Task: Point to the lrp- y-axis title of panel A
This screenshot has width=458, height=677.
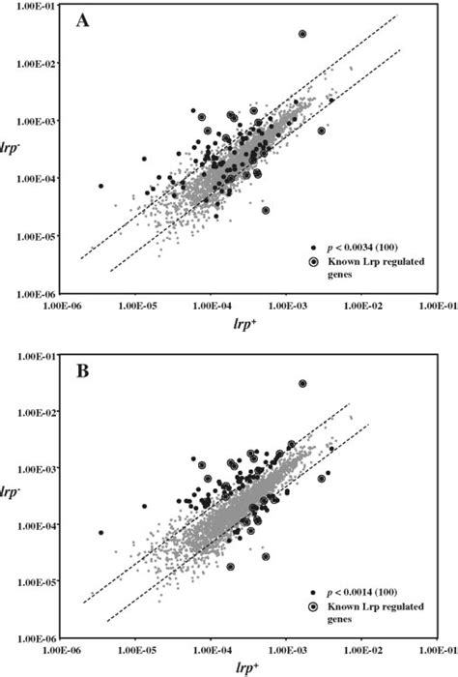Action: point(16,148)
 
